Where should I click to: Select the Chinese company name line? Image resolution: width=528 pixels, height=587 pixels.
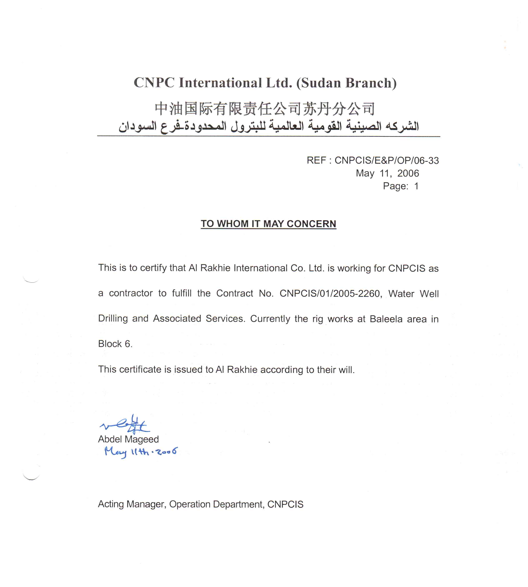(x=265, y=109)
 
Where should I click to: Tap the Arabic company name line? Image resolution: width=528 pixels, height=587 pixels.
(x=268, y=127)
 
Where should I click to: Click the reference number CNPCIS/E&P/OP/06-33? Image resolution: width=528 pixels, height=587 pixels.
(x=387, y=161)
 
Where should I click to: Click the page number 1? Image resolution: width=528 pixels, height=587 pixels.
(x=416, y=186)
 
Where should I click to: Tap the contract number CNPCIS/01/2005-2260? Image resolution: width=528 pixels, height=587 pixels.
(x=330, y=294)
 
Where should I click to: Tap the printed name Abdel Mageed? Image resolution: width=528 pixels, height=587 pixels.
(x=128, y=439)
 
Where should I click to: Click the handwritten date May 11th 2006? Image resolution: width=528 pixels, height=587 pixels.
(x=141, y=452)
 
